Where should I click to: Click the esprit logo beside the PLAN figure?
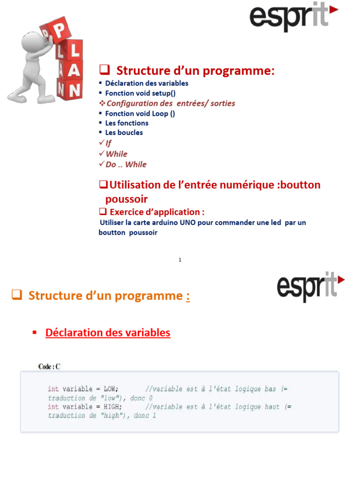tap(293, 16)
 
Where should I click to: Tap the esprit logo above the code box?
tap(311, 287)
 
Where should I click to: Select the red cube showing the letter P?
tap(58, 30)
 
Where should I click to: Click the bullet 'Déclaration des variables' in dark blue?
tap(147, 83)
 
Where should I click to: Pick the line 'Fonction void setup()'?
tap(140, 93)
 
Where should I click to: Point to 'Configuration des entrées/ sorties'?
tap(171, 104)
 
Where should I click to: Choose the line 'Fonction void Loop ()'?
tap(140, 113)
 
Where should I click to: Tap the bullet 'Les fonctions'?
tap(127, 123)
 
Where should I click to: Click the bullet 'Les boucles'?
tap(124, 133)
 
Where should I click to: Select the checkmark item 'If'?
tap(109, 143)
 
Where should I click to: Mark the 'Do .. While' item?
tap(126, 165)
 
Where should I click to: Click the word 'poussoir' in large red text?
tap(127, 199)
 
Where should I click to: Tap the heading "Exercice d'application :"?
tap(157, 212)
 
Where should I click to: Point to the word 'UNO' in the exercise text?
tap(187, 223)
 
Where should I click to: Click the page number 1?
tap(180, 260)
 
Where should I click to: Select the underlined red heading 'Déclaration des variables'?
tap(108, 333)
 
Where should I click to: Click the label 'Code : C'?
tap(49, 367)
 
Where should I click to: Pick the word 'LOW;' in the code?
tap(111, 389)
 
